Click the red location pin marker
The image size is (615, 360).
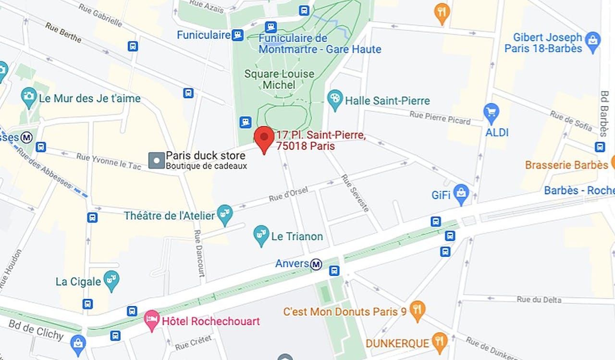click(264, 137)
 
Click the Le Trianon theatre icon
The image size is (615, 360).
click(261, 236)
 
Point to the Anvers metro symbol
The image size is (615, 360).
click(316, 264)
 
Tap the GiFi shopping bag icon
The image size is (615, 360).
click(461, 194)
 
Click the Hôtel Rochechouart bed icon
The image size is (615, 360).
click(152, 320)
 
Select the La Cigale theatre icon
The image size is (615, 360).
click(111, 280)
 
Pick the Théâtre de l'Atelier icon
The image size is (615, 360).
click(224, 214)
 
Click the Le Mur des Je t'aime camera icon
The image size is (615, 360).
click(29, 97)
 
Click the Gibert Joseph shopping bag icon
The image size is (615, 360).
click(593, 41)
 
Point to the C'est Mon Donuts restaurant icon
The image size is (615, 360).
click(417, 310)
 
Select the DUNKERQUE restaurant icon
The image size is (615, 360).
click(439, 342)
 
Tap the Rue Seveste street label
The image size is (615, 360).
click(355, 193)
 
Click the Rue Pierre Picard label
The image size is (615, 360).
click(440, 117)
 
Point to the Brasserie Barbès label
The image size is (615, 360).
click(566, 165)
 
